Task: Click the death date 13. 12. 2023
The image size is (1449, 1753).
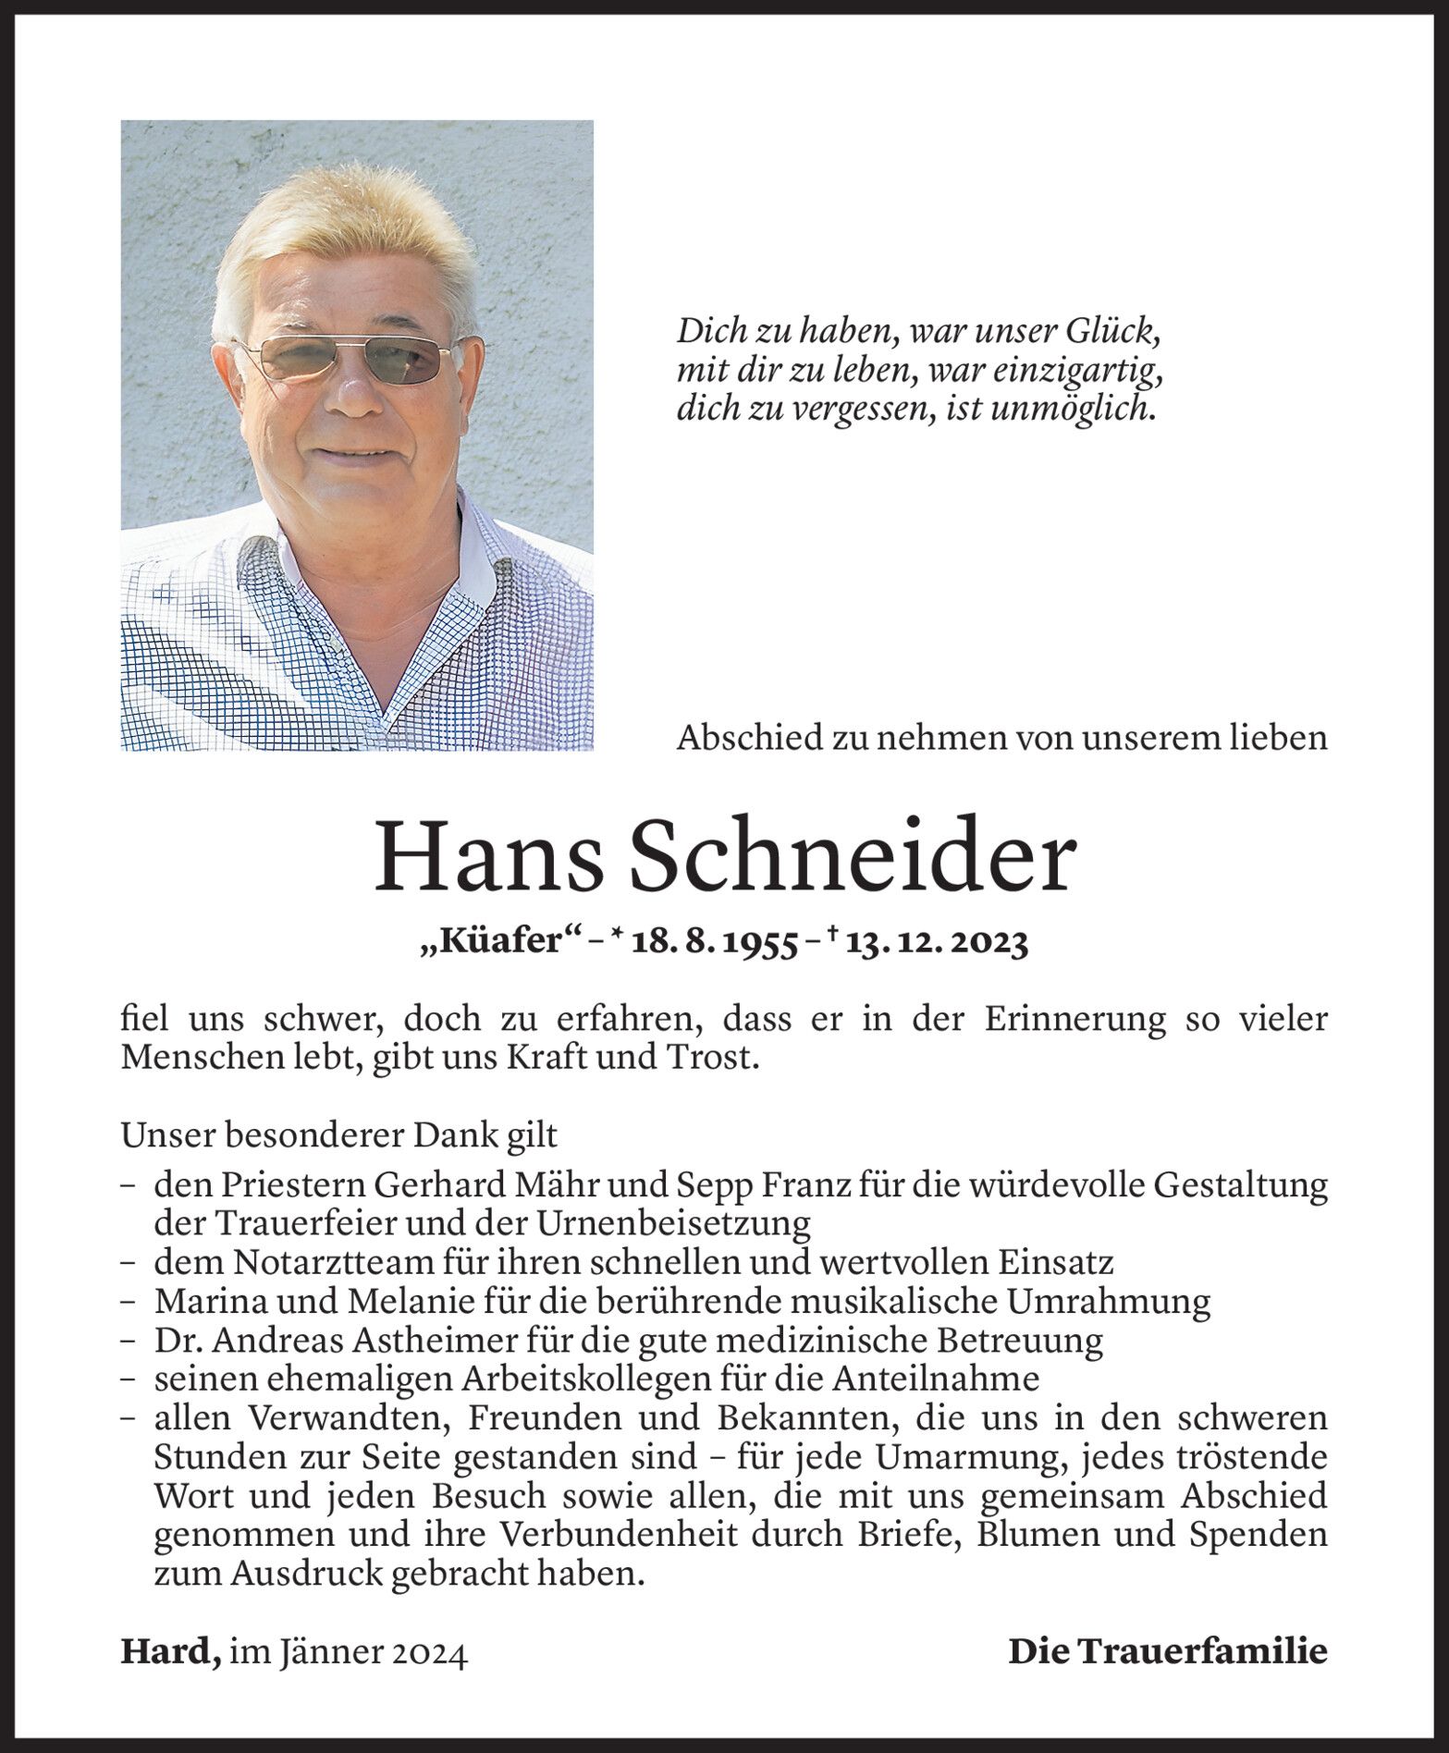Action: tap(935, 943)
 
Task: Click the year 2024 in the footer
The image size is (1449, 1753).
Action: tap(429, 1652)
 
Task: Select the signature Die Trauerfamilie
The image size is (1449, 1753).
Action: tap(1167, 1651)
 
